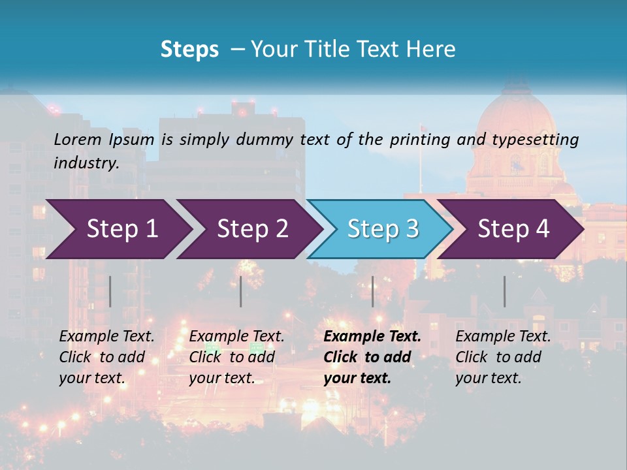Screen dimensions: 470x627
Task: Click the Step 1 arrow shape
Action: pyautogui.click(x=121, y=229)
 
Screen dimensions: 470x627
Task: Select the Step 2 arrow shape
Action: pyautogui.click(x=252, y=229)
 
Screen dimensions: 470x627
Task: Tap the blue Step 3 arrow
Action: pyautogui.click(x=382, y=229)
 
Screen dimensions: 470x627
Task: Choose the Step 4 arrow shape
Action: pyautogui.click(x=513, y=229)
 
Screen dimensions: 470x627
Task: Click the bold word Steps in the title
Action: pyautogui.click(x=189, y=50)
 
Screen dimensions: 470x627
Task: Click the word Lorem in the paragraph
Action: pyautogui.click(x=77, y=139)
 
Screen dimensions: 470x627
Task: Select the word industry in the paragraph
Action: pyautogui.click(x=86, y=163)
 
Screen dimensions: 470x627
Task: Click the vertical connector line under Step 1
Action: pyautogui.click(x=110, y=291)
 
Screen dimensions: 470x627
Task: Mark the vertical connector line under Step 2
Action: pyautogui.click(x=241, y=291)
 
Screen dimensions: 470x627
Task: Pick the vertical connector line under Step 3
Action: pyautogui.click(x=372, y=291)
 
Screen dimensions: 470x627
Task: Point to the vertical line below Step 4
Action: pyautogui.click(x=504, y=291)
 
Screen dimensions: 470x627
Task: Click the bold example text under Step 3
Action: pyautogui.click(x=372, y=357)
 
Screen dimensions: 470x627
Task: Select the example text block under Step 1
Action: pyautogui.click(x=106, y=357)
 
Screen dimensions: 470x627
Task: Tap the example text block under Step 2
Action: pyautogui.click(x=236, y=357)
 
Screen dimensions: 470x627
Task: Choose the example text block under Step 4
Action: pyautogui.click(x=503, y=357)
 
